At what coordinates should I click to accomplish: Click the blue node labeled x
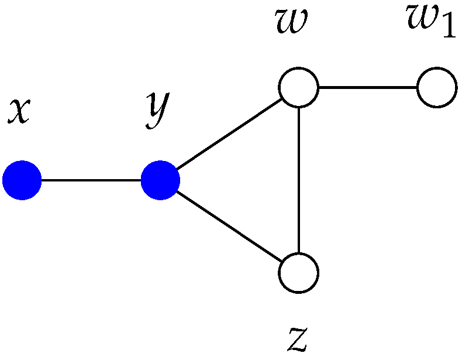coord(22,181)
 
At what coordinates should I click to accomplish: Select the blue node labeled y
coord(160,181)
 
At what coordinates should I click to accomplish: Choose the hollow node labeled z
coord(298,273)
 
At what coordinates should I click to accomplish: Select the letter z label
coord(297,338)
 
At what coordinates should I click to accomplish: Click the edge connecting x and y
coord(91,181)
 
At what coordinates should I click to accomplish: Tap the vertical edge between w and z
coord(298,180)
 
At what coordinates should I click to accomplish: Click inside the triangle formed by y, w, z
coord(257,181)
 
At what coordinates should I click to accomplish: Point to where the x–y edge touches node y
coord(141,181)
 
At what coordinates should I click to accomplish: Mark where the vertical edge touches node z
coord(298,253)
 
